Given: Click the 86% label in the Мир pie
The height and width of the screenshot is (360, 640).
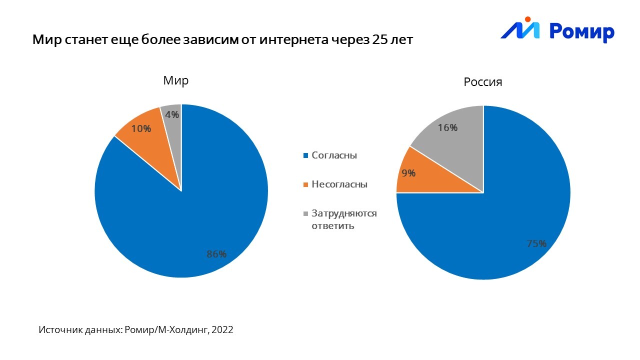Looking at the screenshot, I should pos(216,254).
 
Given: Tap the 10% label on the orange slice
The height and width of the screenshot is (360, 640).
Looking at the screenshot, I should pos(141,128).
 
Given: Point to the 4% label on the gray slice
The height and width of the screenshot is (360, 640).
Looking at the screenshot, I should pos(172,114).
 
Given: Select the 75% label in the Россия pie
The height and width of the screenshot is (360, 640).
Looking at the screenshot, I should pos(536,244).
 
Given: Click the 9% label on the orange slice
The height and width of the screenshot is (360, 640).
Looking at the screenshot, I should pos(408,173).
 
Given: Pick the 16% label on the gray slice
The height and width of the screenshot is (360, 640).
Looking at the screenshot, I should pos(447,127).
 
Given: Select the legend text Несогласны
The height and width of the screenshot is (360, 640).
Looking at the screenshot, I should pos(339,184).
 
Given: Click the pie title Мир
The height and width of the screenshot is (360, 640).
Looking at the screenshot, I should pos(176,81).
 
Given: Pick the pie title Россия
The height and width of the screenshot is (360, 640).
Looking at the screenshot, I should pos(482,82).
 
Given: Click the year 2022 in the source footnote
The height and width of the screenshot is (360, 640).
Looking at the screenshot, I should pos(223,330).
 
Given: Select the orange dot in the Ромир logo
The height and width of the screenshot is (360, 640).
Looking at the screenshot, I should pos(527,19).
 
